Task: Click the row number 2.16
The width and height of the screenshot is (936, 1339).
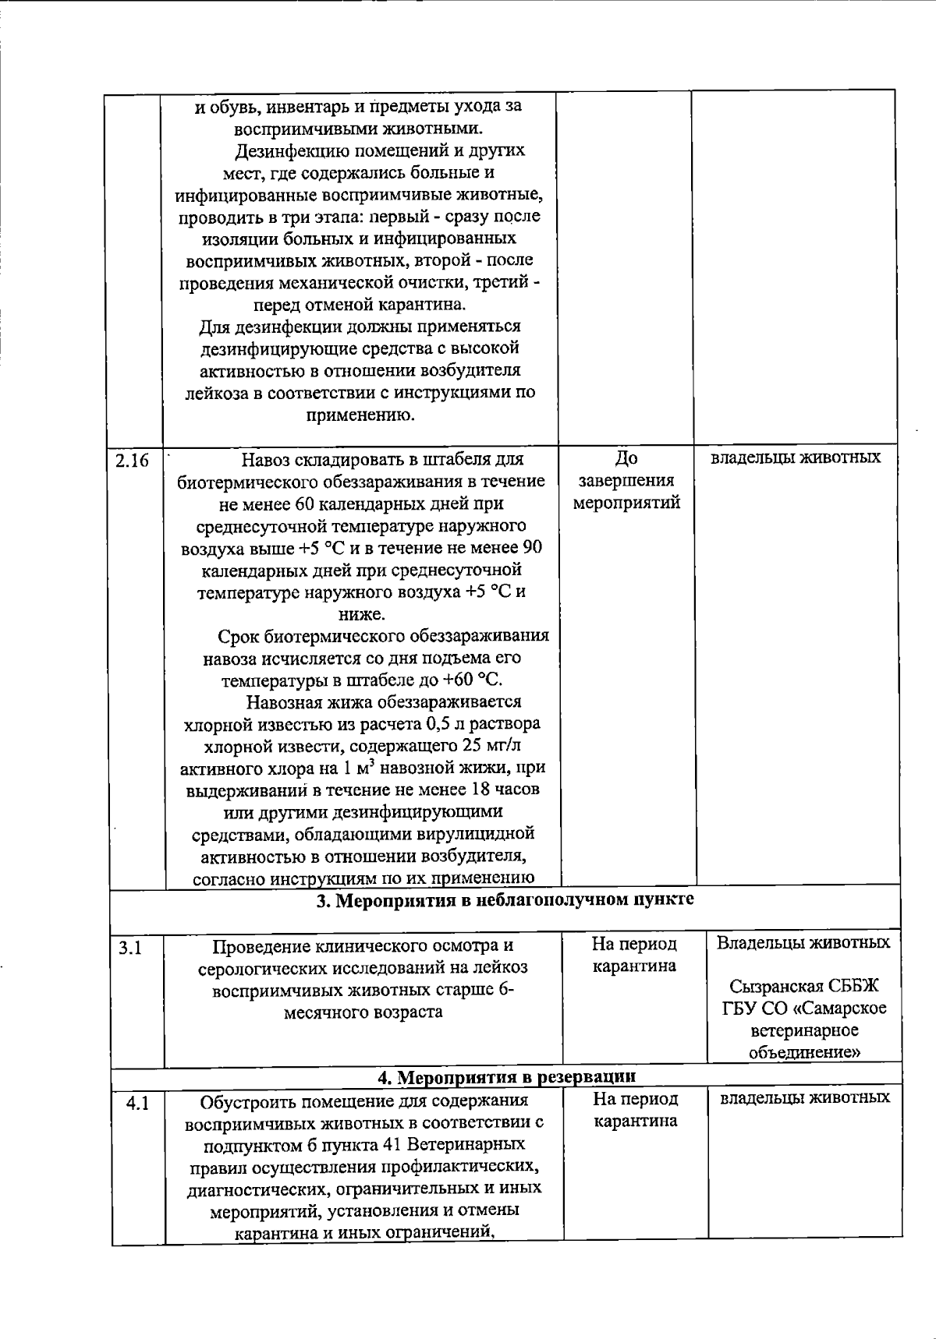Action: click(x=132, y=460)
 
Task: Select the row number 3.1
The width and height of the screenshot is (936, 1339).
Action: click(x=129, y=948)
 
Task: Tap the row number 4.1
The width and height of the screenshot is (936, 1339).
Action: click(x=136, y=1104)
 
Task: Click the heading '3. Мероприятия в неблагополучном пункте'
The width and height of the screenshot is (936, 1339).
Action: click(x=505, y=900)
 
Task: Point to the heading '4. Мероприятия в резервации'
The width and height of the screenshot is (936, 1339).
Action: click(x=506, y=1076)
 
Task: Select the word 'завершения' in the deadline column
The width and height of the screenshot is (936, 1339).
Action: click(x=626, y=480)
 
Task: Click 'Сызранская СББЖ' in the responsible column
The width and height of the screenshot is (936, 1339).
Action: click(x=803, y=987)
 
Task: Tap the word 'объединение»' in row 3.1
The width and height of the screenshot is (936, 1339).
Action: click(x=804, y=1052)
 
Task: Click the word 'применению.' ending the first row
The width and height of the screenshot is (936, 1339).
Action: click(x=360, y=415)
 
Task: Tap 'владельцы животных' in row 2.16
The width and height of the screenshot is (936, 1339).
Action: click(x=795, y=458)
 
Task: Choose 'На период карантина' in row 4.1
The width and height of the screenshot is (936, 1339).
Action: click(x=635, y=1110)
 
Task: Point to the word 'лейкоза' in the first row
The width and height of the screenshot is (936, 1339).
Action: click(x=214, y=392)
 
